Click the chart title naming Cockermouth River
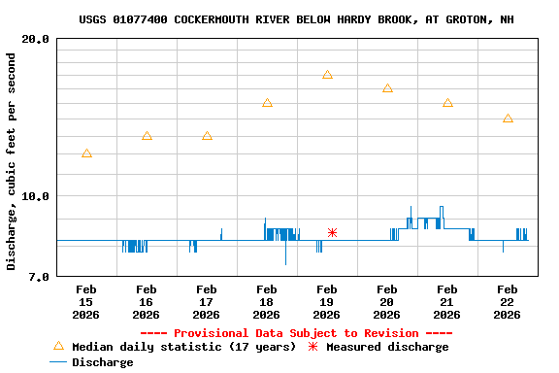296,19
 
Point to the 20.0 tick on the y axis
37,39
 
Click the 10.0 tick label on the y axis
37,196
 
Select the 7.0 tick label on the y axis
40,277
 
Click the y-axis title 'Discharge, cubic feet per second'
12,161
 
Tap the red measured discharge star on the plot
332,232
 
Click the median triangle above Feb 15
86,153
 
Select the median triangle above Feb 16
147,136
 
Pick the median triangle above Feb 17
207,136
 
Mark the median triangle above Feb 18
267,103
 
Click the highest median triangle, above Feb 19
327,75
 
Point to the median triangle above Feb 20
387,88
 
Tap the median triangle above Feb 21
447,103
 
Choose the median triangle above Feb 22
508,119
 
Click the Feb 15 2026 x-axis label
86,301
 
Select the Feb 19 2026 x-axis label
327,301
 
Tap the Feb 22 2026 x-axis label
508,301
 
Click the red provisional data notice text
296,333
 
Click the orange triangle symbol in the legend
58,346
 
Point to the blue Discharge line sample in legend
58,362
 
